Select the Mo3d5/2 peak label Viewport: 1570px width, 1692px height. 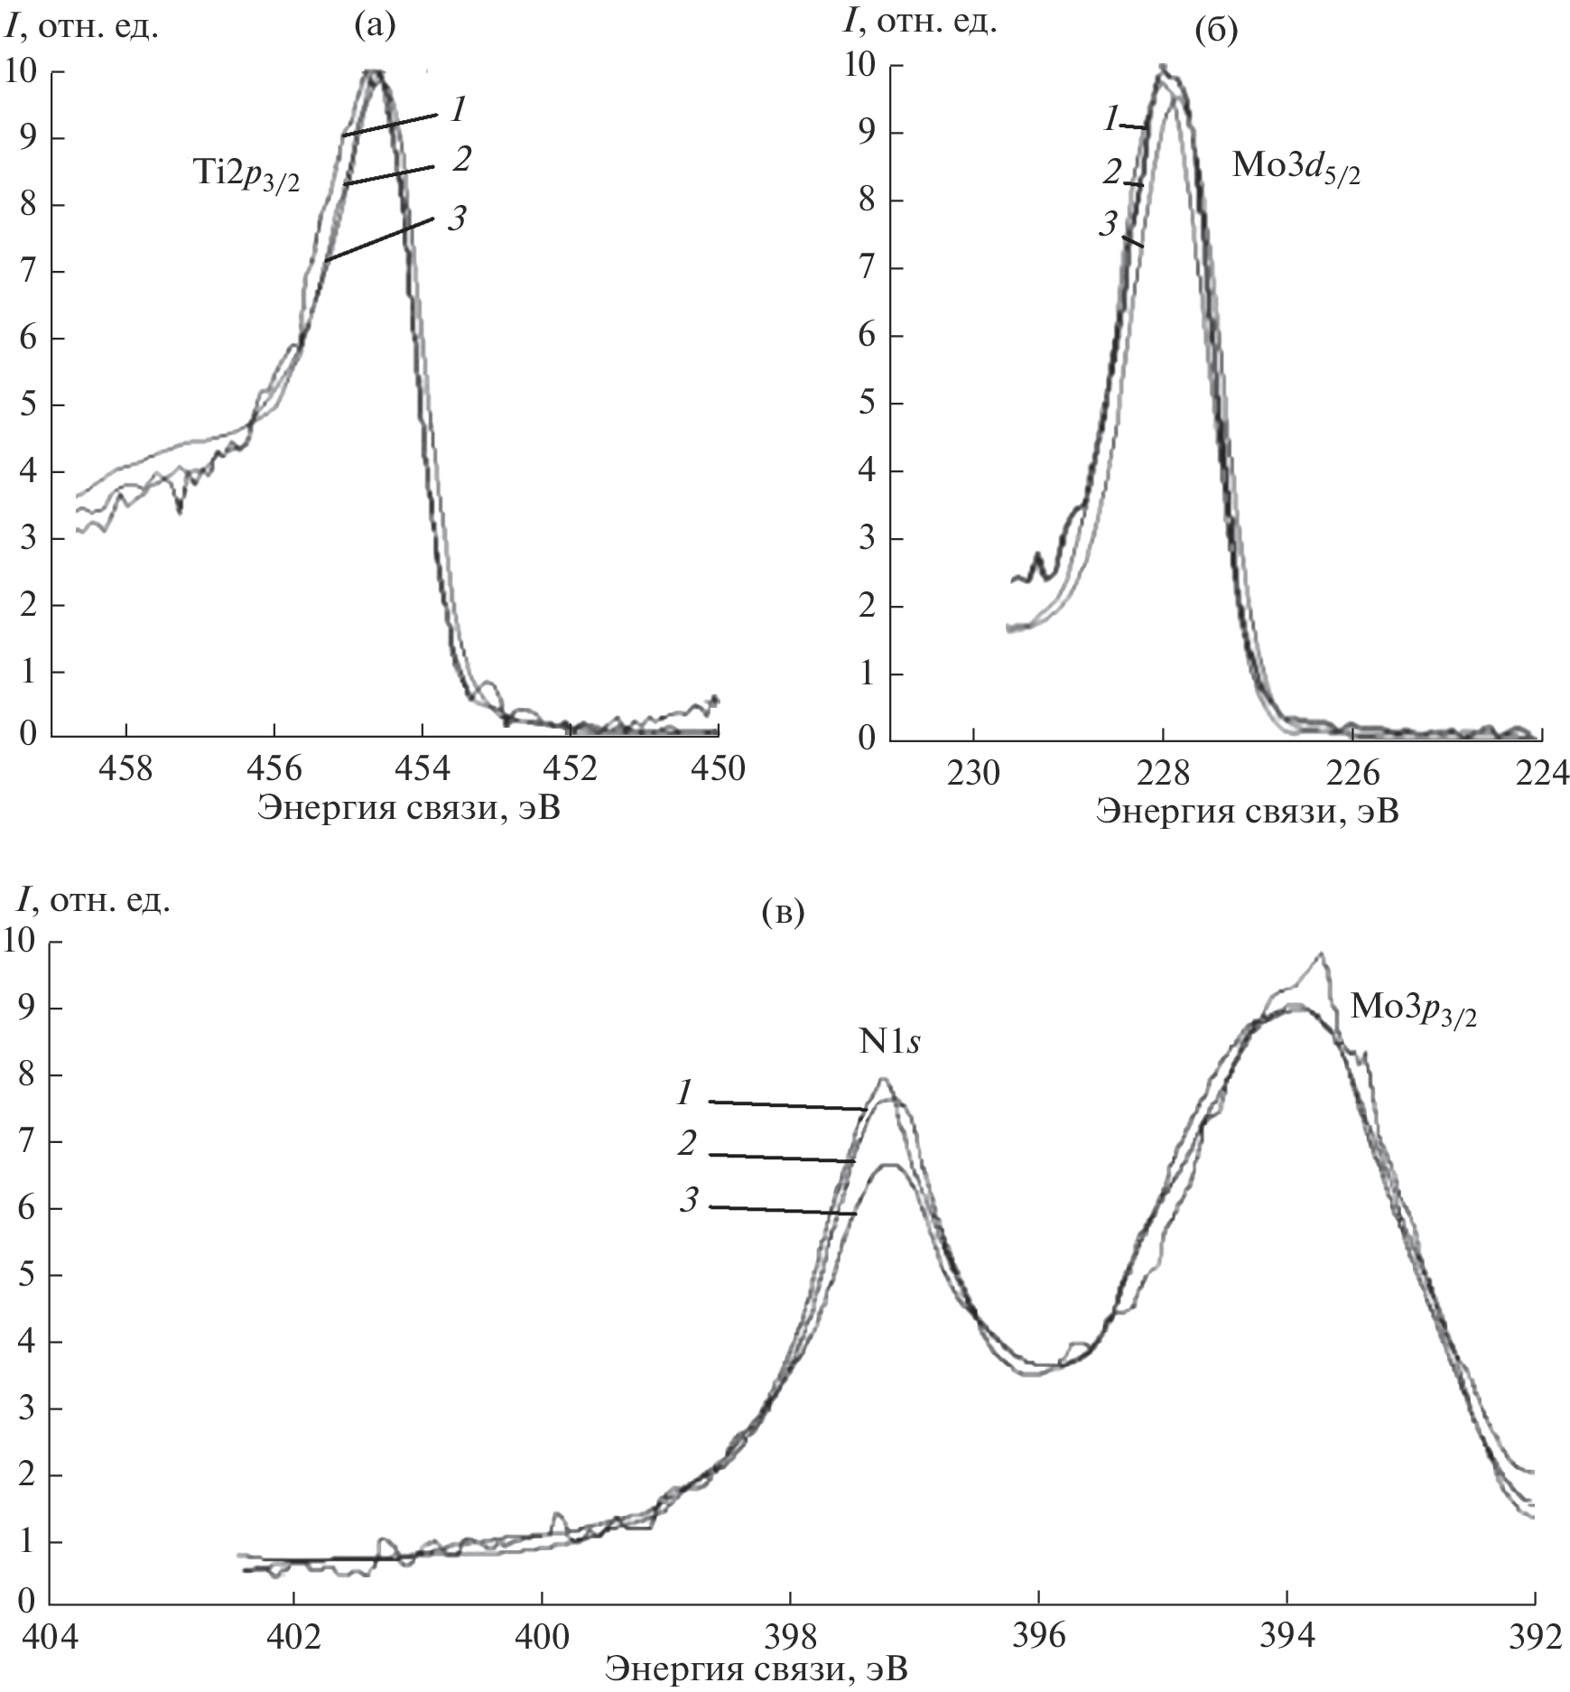click(x=1295, y=170)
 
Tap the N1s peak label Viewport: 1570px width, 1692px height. click(x=895, y=1042)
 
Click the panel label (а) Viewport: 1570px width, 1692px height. click(x=375, y=26)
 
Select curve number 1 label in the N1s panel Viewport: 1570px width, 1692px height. click(x=685, y=1093)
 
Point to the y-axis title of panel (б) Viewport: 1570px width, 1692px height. click(x=919, y=22)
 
